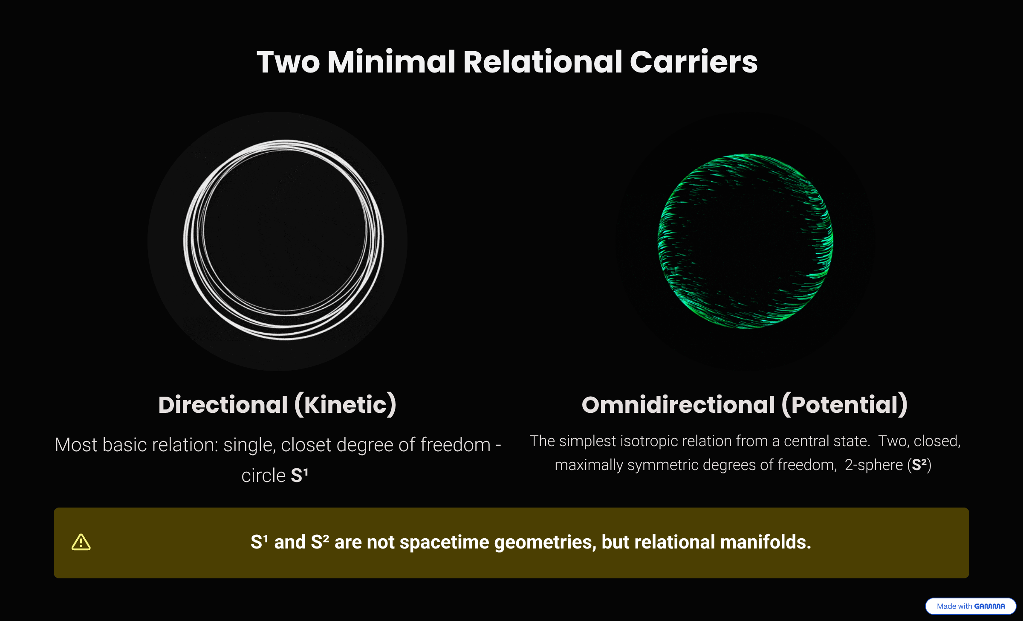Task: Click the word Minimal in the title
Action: click(391, 62)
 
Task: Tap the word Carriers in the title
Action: click(694, 62)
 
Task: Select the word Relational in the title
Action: click(542, 62)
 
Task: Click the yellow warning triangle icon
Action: click(81, 543)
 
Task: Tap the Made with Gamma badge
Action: click(971, 606)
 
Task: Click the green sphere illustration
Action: click(745, 241)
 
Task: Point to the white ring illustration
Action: click(284, 240)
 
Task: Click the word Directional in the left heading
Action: click(223, 405)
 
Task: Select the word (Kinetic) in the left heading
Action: click(345, 405)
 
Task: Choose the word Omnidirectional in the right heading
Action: click(678, 405)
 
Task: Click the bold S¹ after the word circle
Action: click(299, 475)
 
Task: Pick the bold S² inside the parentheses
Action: click(920, 464)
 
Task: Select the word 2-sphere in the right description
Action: click(873, 465)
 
